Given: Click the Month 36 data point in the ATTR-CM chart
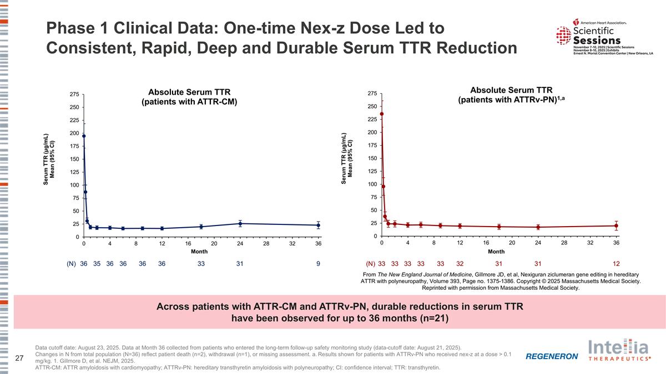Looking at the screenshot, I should pyautogui.click(x=318, y=225).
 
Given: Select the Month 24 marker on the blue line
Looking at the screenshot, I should pyautogui.click(x=240, y=223).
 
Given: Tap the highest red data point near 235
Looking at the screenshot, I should pyautogui.click(x=382, y=114).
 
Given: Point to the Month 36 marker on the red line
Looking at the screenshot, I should pyautogui.click(x=616, y=226).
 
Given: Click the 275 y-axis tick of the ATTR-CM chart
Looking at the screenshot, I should pyautogui.click(x=73, y=95).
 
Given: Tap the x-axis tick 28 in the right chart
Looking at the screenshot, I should pyautogui.click(x=564, y=243).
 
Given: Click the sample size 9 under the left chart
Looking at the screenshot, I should pyautogui.click(x=318, y=264).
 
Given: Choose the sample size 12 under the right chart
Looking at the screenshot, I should pyautogui.click(x=616, y=264).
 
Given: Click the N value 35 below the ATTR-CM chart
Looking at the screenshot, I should pyautogui.click(x=97, y=264).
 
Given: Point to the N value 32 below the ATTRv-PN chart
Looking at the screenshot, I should pyautogui.click(x=460, y=264).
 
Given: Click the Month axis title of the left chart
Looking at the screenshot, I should pyautogui.click(x=199, y=252).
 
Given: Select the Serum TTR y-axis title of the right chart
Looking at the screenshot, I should pyautogui.click(x=347, y=158).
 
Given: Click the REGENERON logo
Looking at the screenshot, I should pyautogui.click(x=552, y=356).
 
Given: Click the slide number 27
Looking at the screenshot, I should pyautogui.click(x=19, y=358).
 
